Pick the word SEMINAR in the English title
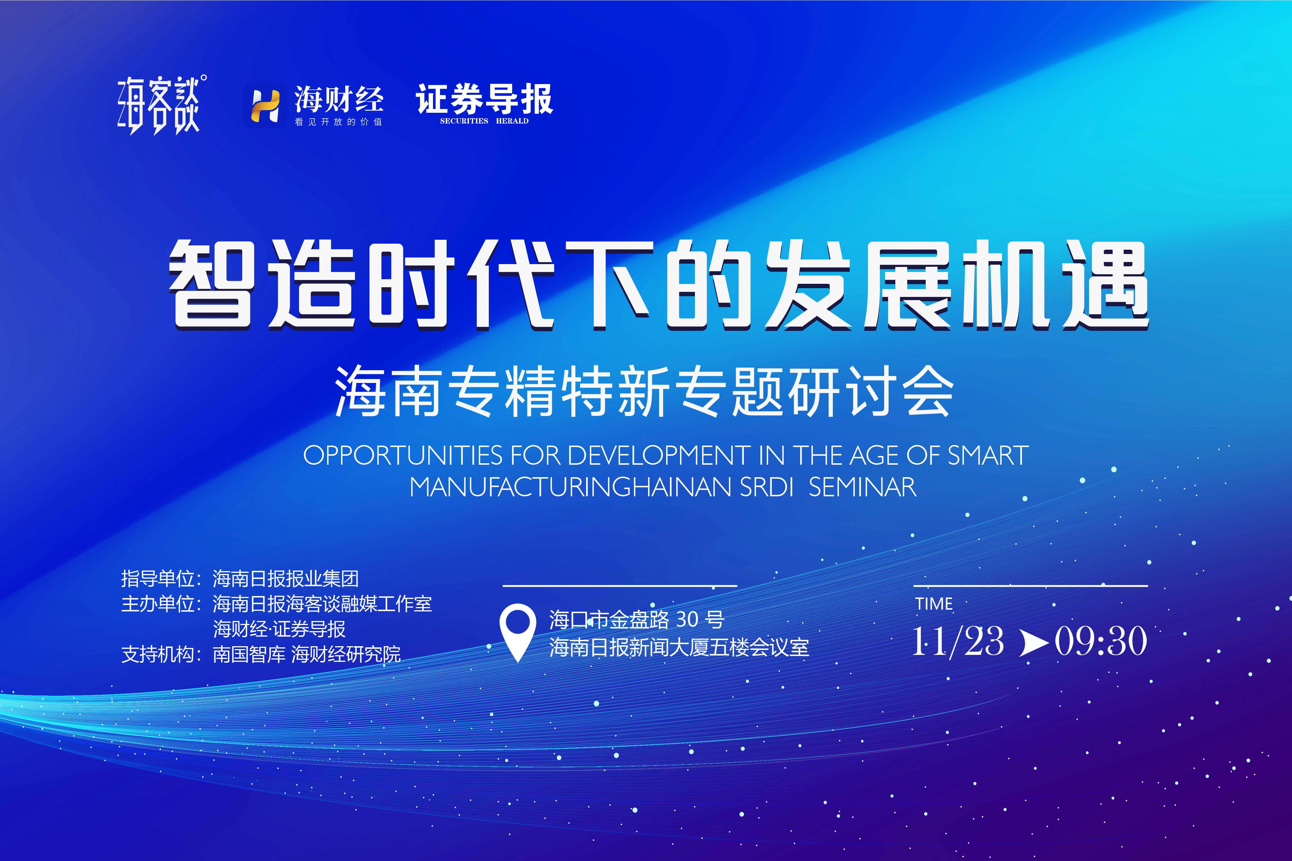tap(862, 487)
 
